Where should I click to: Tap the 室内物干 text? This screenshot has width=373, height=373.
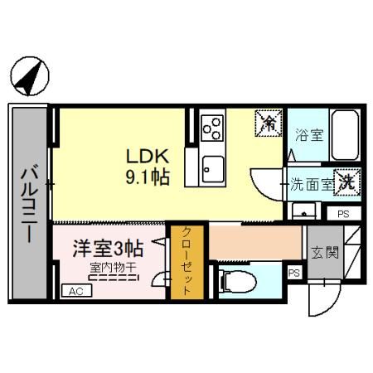(x=114, y=267)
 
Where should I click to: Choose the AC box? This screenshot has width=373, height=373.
(x=75, y=291)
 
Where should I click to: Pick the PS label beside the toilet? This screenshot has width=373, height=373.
(x=293, y=273)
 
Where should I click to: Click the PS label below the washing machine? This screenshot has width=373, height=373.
(x=342, y=214)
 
